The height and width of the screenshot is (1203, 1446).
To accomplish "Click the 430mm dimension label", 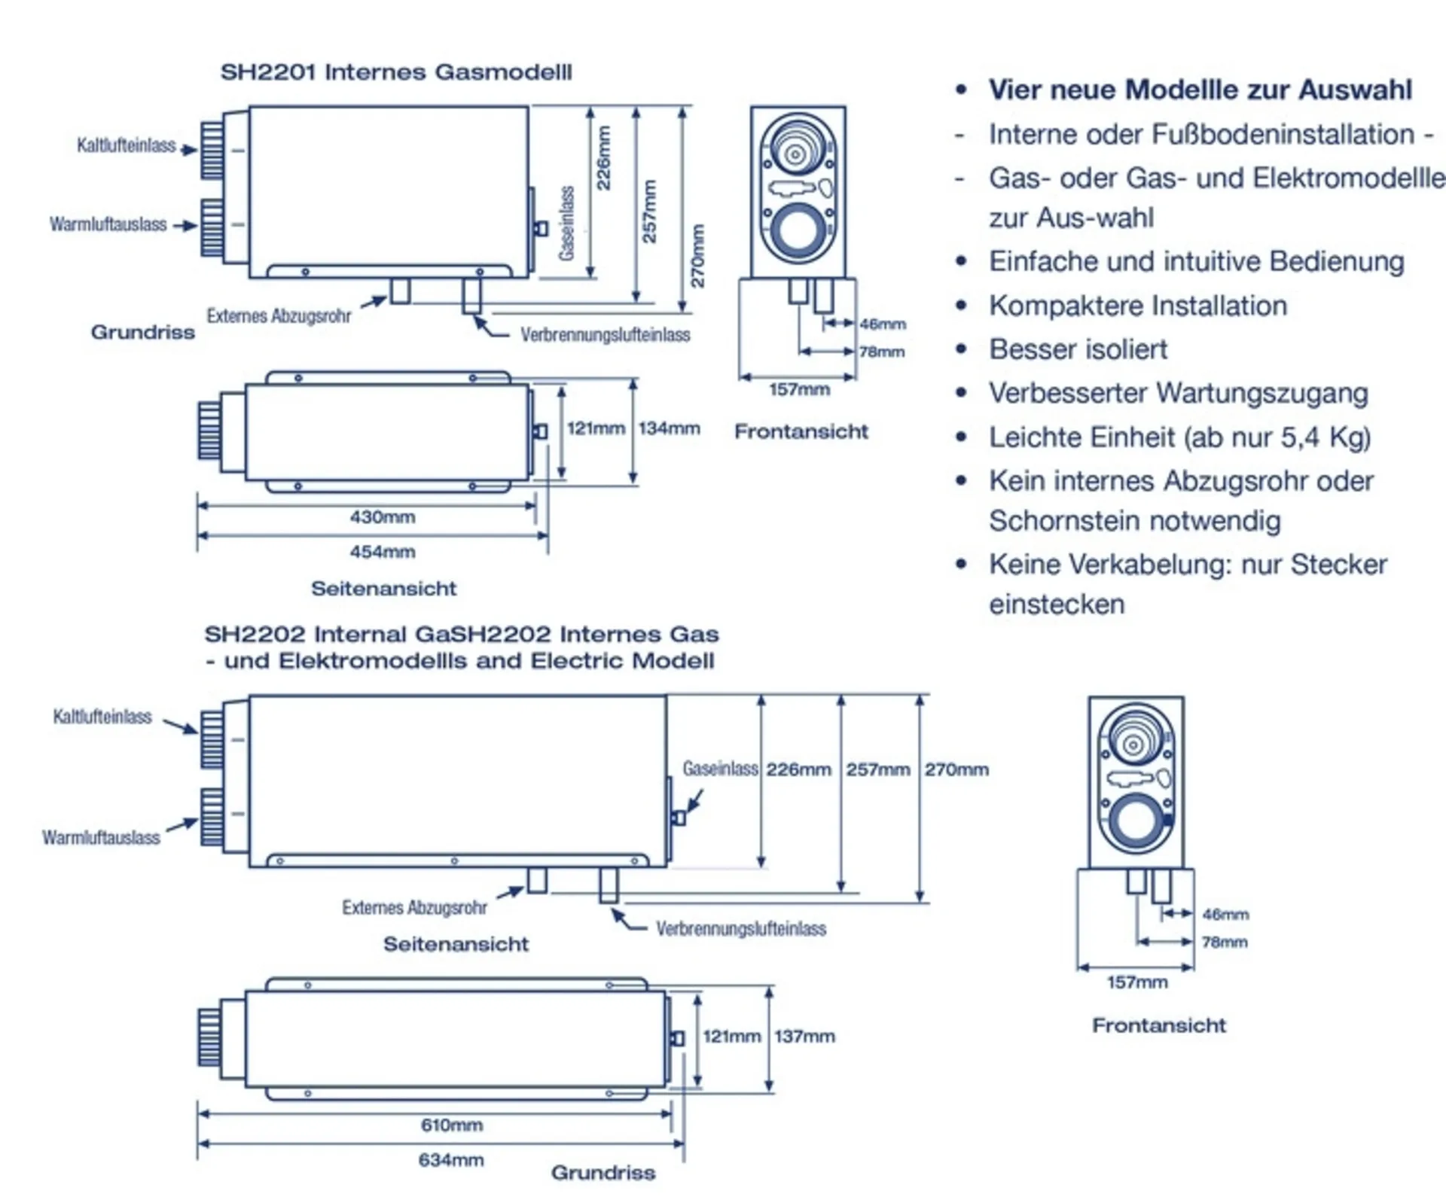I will coord(382,517).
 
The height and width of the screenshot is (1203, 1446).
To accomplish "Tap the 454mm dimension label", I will coord(382,552).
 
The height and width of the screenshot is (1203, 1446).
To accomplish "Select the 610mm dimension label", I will coord(451,1125).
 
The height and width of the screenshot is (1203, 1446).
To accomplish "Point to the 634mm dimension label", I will coord(451,1160).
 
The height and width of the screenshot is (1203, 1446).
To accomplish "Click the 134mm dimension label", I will coord(669,428).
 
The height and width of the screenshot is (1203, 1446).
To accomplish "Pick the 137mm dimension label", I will coord(804,1036).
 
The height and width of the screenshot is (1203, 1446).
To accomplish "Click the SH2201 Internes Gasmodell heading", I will coord(396,72).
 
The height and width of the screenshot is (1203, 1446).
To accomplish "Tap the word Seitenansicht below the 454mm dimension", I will coord(384,589).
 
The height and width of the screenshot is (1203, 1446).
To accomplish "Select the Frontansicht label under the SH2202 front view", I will coord(1159,1025).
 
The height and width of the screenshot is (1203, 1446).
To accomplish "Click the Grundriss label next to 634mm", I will coord(603,1173).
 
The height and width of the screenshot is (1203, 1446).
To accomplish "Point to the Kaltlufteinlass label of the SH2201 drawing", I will coord(126,145).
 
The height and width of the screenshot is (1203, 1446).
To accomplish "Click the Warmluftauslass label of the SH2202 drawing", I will coord(101,838).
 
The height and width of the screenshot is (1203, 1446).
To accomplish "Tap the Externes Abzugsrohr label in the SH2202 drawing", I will coord(414,908).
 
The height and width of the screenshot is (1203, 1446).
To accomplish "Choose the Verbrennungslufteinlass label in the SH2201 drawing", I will coord(605,335).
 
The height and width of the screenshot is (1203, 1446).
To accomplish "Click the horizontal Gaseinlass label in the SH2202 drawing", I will coord(720,769).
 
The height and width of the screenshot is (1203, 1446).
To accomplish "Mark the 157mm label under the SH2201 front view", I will coord(799,390).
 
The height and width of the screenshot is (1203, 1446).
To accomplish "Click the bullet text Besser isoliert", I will coord(1078,349).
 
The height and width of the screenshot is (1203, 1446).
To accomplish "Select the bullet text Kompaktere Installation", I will coord(1137,306).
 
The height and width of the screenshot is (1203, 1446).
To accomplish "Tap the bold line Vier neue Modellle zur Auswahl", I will coord(1200,90).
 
